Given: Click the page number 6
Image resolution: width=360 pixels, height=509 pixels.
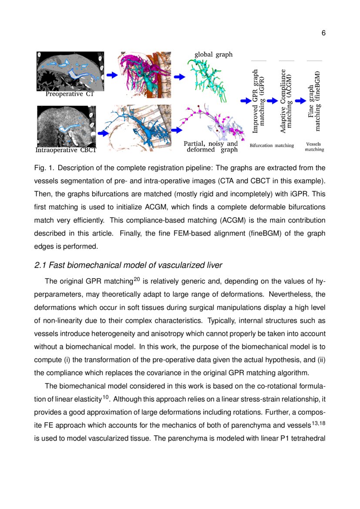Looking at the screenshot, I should point(323,34).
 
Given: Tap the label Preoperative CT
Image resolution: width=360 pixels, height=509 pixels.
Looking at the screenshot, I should point(70,94).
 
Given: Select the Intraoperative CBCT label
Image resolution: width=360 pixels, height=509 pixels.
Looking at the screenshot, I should point(65,150).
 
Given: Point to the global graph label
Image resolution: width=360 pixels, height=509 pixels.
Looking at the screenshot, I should point(213,54).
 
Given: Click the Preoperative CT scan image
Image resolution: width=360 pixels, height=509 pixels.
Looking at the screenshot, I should point(70,71).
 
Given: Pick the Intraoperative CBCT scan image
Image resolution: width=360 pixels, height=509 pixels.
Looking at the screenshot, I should point(65,126).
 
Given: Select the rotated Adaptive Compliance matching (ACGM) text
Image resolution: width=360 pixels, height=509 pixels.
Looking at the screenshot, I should point(286,101).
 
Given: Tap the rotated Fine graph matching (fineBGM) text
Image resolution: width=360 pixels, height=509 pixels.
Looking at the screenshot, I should point(314,101).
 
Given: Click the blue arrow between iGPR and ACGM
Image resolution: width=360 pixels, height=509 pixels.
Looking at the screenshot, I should point(273,101).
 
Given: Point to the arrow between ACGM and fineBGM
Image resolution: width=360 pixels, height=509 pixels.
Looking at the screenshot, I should point(300,101).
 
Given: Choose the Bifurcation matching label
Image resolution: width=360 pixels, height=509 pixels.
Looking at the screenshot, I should point(272,145).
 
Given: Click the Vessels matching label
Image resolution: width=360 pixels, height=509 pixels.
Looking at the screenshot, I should point(314,147).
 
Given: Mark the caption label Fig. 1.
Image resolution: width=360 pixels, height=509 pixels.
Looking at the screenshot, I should point(43,168).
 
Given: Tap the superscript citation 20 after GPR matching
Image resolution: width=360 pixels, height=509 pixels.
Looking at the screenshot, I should point(135,280).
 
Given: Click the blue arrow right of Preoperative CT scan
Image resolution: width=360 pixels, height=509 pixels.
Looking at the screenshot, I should point(112,75).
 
